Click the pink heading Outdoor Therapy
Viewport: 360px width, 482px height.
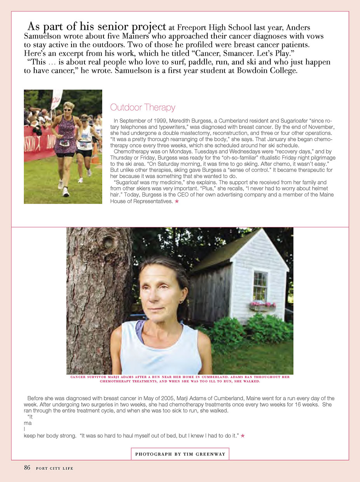click(143, 107)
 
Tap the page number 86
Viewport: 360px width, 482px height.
click(27, 468)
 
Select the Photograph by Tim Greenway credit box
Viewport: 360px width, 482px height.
click(180, 454)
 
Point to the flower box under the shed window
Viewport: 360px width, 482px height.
click(263, 306)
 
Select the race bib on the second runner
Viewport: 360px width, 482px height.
click(83, 145)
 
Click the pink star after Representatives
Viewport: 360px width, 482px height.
click(177, 202)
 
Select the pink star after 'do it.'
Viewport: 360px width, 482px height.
click(243, 436)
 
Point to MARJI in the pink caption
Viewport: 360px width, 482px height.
click(130, 377)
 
